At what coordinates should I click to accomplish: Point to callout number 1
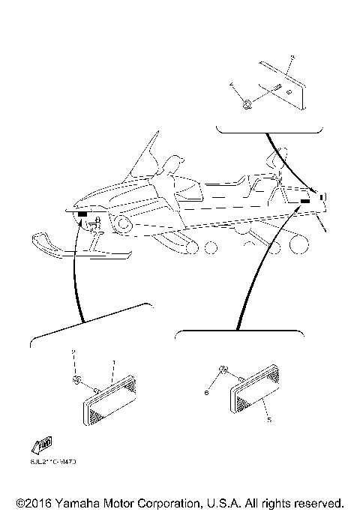(113, 364)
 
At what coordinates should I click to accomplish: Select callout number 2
(73, 352)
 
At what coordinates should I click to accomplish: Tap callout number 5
(268, 421)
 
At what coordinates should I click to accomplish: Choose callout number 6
(205, 391)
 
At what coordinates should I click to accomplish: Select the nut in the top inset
(247, 103)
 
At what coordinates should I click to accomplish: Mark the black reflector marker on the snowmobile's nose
(81, 215)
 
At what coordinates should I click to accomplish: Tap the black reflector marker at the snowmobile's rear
(305, 202)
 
